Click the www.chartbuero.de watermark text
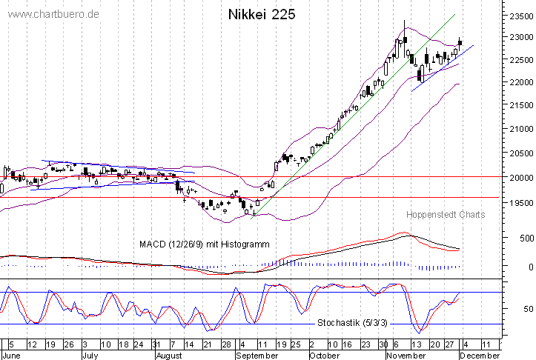pyautogui.click(x=50, y=15)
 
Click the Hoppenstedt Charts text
pyautogui.click(x=446, y=215)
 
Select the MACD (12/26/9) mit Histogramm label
pyautogui.click(x=204, y=244)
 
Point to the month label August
pyautogui.click(x=170, y=355)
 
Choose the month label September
pyautogui.click(x=257, y=355)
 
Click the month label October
pyautogui.click(x=324, y=355)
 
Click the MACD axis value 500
pyautogui.click(x=526, y=238)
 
